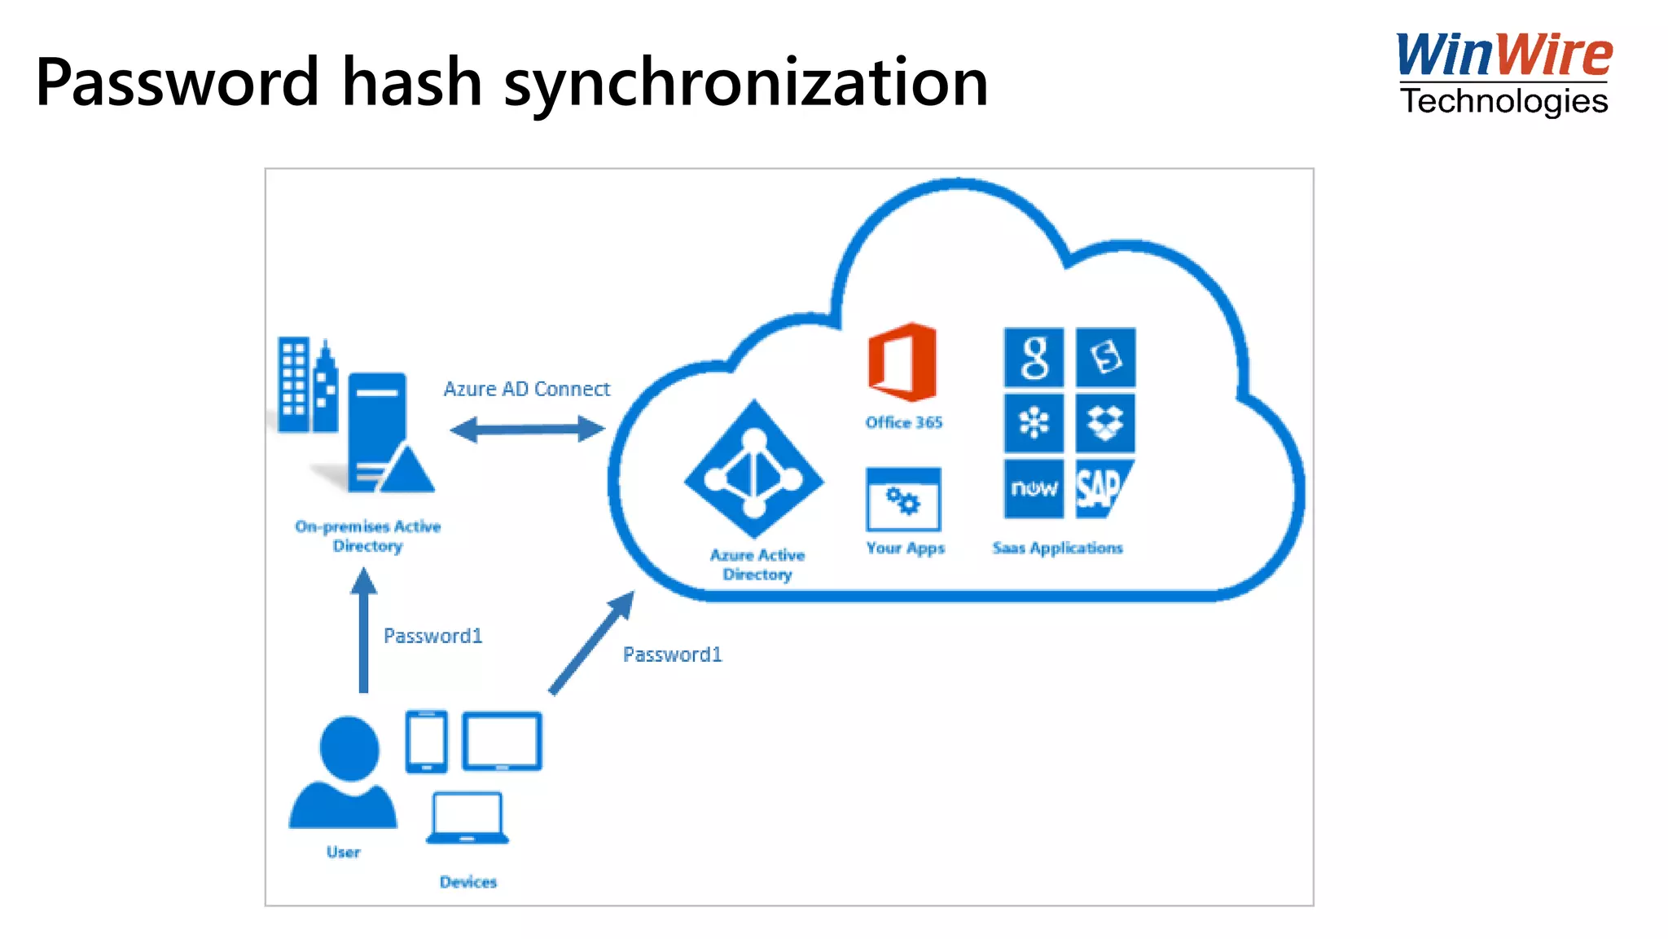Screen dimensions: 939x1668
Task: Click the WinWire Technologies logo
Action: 1503,73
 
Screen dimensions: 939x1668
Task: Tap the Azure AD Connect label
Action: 526,389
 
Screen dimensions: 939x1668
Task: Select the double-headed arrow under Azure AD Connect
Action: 528,429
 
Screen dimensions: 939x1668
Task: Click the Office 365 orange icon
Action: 902,362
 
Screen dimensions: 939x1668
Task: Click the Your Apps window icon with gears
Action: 903,499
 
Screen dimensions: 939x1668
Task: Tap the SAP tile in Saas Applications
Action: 1104,488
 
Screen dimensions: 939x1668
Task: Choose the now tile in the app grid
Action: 1034,488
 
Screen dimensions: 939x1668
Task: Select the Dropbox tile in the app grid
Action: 1105,423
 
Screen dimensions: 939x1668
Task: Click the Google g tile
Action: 1034,358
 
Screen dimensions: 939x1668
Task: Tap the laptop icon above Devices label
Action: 467,818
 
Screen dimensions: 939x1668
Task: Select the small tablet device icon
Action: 427,741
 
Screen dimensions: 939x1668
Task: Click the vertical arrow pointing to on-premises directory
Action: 363,631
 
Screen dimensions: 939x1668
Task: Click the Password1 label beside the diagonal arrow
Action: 672,655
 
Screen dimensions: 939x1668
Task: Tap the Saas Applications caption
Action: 1057,548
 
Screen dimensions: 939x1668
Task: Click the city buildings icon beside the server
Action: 306,385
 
